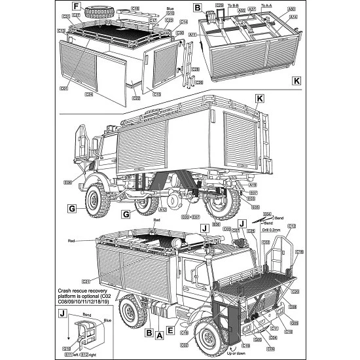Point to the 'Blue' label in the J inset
tap(106, 321)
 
